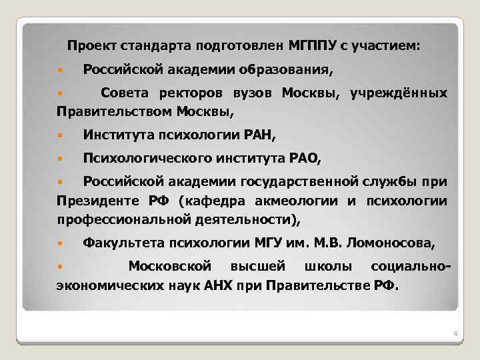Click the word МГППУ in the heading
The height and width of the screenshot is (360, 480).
pyautogui.click(x=312, y=46)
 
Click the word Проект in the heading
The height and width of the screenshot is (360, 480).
pyautogui.click(x=91, y=46)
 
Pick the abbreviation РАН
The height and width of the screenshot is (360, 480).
pyautogui.click(x=257, y=135)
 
